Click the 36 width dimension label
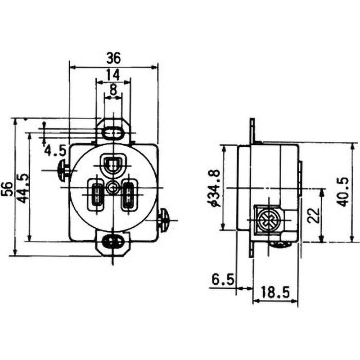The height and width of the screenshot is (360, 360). [113, 58]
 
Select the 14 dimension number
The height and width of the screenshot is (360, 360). [113, 74]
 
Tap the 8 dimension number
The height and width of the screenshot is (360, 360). [113, 90]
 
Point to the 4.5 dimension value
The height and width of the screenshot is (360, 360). [55, 151]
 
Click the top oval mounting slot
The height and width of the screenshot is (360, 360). [113, 133]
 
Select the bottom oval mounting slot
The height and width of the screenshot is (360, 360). [112, 242]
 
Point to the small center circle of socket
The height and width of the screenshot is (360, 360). [112, 186]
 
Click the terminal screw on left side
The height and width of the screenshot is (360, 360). [64, 170]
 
